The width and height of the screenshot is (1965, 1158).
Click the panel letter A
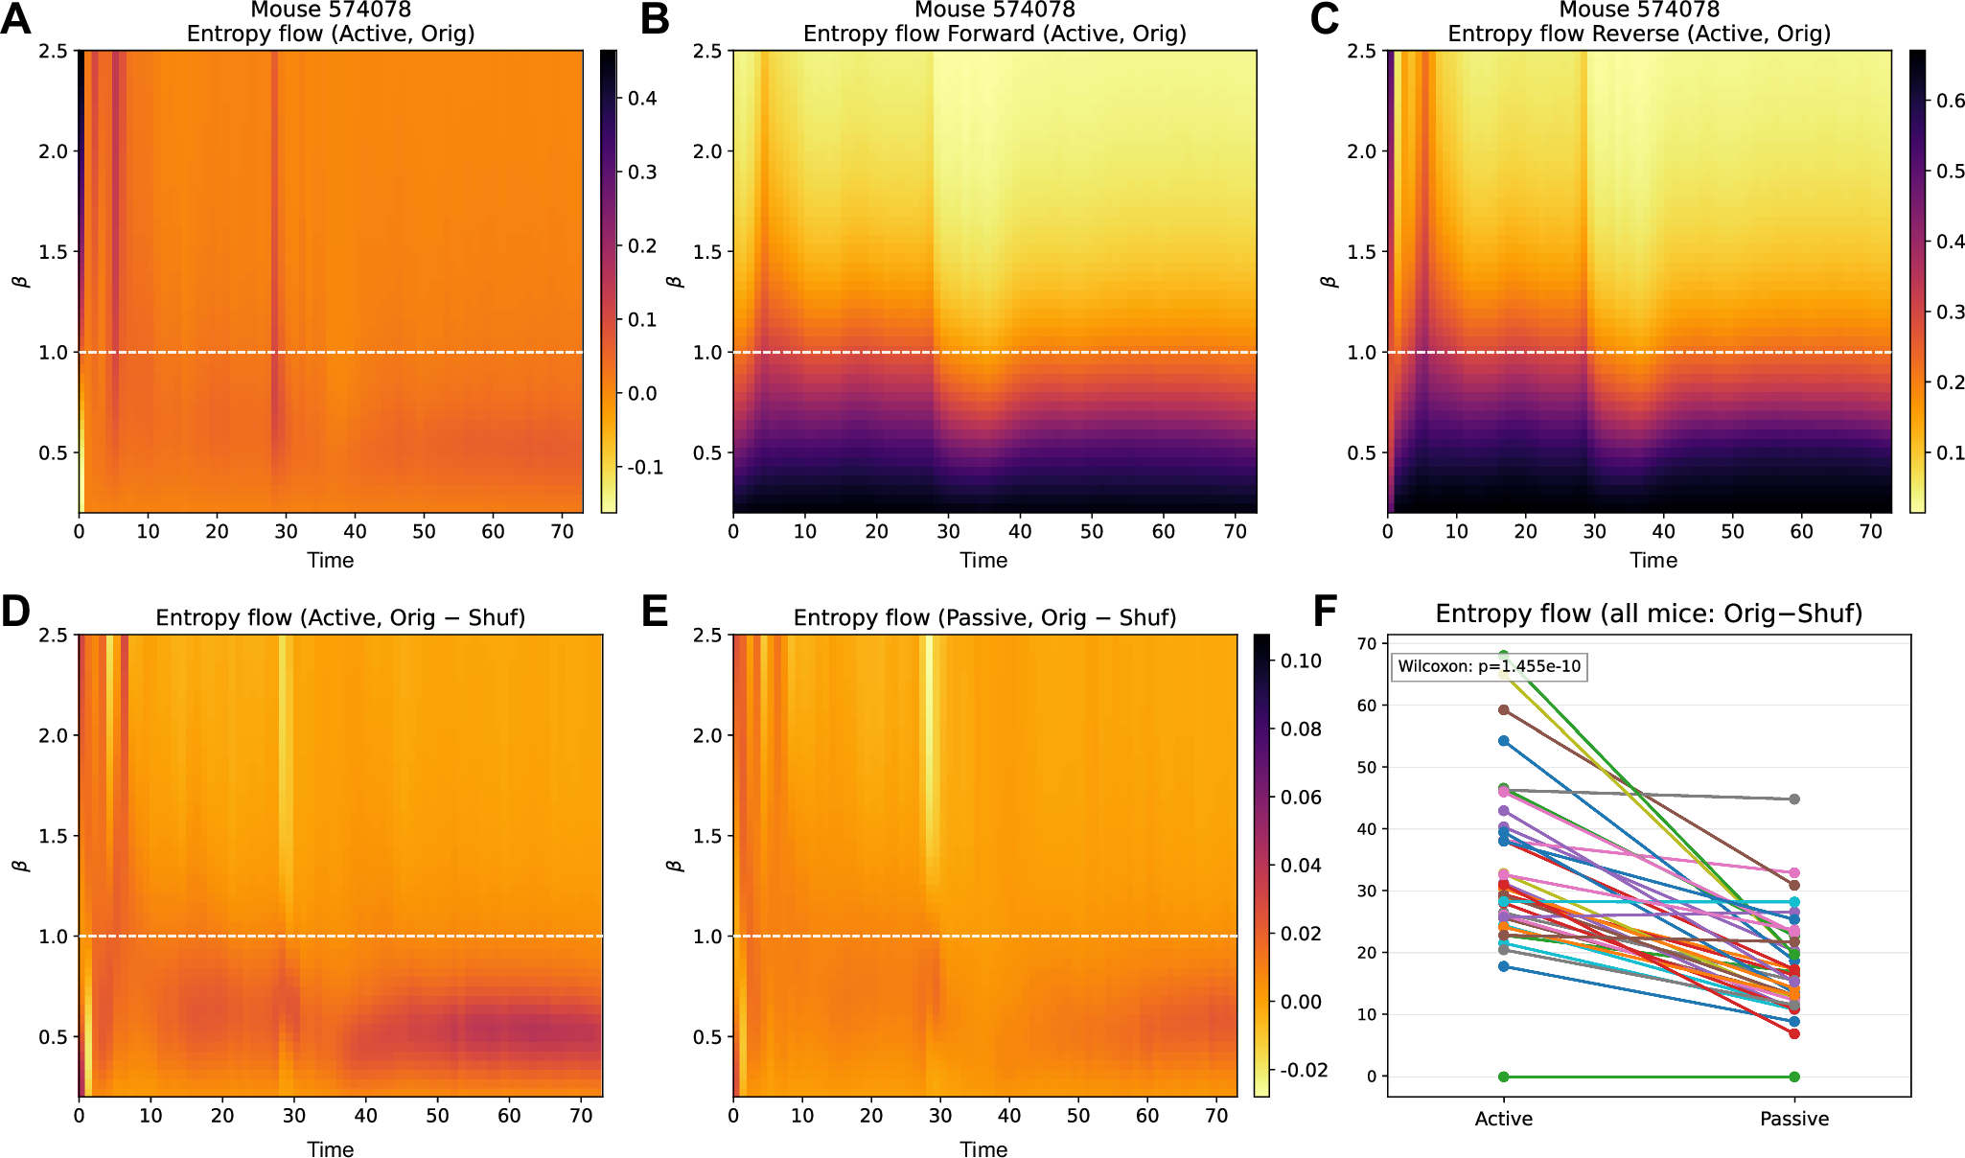point(16,18)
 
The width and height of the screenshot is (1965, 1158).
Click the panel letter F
point(1324,611)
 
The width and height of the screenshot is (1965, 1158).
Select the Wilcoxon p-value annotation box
point(1489,666)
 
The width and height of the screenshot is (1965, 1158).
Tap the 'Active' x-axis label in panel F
point(1503,1119)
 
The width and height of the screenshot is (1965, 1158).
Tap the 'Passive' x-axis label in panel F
point(1793,1119)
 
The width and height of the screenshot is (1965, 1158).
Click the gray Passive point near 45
point(1793,799)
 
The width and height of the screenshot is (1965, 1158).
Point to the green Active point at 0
point(1504,1077)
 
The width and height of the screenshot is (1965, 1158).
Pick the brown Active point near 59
point(1504,710)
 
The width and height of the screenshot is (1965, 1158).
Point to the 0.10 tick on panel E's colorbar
point(1301,661)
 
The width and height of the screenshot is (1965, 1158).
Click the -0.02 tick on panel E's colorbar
point(1303,1070)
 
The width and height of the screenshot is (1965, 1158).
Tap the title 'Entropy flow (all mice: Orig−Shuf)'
point(1649,614)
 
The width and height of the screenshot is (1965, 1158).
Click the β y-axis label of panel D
point(21,865)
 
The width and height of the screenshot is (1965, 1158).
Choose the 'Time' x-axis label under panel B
point(983,561)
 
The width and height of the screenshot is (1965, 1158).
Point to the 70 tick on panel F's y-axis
point(1366,643)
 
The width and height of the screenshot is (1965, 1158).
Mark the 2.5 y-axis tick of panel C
point(1361,51)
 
